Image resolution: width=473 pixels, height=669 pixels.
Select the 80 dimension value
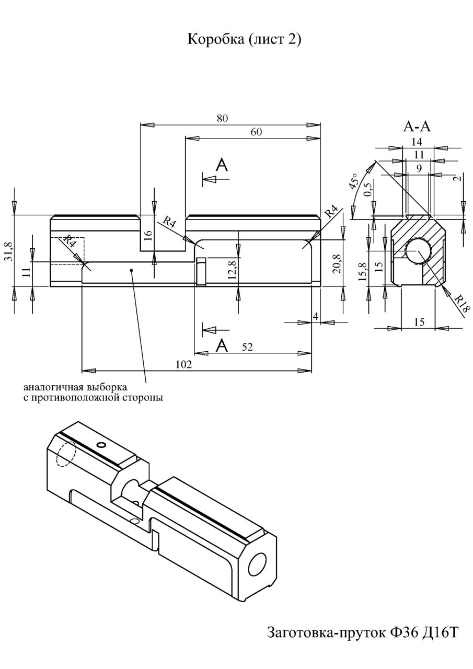[222, 119]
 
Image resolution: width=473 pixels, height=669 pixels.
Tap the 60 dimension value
[256, 132]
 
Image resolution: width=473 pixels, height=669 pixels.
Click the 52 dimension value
[247, 347]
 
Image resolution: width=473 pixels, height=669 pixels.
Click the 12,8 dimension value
[232, 270]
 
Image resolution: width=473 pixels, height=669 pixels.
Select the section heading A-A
[417, 126]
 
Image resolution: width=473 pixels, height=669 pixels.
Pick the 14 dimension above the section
[417, 141]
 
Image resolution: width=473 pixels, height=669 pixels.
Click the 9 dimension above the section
[419, 168]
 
